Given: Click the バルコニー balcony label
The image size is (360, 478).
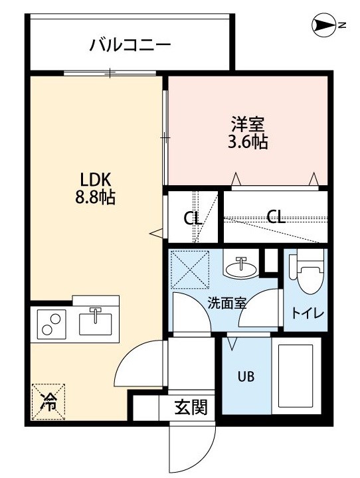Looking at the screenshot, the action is (130, 45).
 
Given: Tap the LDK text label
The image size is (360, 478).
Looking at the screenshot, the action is (95, 181).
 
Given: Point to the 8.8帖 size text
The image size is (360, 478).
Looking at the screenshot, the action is (95, 198).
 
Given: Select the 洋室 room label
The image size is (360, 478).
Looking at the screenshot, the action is (248, 124).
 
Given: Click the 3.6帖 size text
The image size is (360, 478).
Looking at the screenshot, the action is (248, 142).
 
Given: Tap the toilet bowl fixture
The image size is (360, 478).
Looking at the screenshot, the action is (310, 271).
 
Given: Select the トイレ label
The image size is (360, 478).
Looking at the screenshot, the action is (307, 313).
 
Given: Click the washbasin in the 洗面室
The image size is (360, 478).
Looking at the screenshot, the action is (241, 267).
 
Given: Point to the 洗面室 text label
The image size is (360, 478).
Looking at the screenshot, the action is (226, 303).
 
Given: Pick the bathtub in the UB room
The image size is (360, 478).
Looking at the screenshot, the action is (296, 375).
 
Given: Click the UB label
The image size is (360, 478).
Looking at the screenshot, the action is (246, 377).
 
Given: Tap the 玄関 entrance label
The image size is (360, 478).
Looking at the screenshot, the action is (191, 407).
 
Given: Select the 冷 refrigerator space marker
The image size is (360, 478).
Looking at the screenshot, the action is (48, 401).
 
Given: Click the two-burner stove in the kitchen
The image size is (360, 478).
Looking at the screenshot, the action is (52, 324).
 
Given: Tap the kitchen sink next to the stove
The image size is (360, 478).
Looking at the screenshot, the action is (95, 323).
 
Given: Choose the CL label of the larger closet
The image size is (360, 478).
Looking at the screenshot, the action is (276, 216).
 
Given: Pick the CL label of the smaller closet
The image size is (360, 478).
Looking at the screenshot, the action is (193, 218).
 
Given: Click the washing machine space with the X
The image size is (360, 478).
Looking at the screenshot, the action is (190, 270).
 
